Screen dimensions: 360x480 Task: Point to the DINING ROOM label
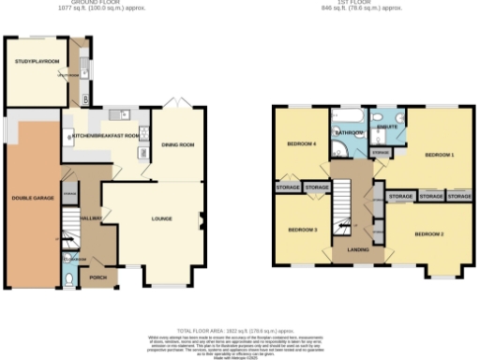[x=177, y=144]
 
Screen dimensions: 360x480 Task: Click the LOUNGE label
[x=162, y=218]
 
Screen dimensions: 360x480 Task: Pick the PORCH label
[x=97, y=278]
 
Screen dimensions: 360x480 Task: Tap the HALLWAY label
[x=92, y=217]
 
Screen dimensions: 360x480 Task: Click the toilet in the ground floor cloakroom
[x=71, y=278]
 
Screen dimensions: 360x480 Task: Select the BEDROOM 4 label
[x=300, y=143]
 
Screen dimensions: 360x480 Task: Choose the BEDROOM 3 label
[x=302, y=230]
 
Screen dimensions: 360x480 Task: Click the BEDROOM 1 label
[x=439, y=154]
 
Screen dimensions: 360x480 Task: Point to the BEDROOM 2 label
[x=428, y=233]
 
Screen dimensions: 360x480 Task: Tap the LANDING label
[x=357, y=248]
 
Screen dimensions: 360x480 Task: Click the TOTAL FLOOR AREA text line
[x=240, y=331]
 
